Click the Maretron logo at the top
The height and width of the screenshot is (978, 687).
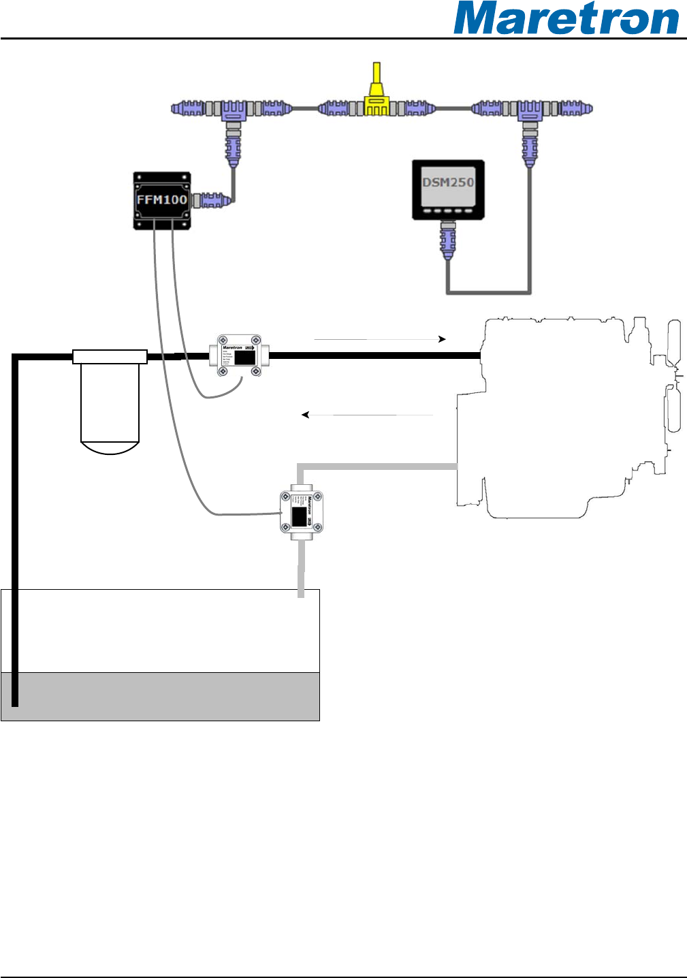click(566, 19)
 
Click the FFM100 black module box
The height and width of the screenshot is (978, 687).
click(161, 200)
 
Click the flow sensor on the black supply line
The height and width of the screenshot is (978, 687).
click(239, 355)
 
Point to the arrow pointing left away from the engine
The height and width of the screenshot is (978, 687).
click(368, 414)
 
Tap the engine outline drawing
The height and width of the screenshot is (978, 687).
click(565, 415)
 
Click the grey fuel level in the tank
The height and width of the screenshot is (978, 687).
click(161, 696)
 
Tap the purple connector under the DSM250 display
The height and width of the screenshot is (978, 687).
click(447, 242)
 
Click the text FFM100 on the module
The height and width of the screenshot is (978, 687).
click(161, 200)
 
